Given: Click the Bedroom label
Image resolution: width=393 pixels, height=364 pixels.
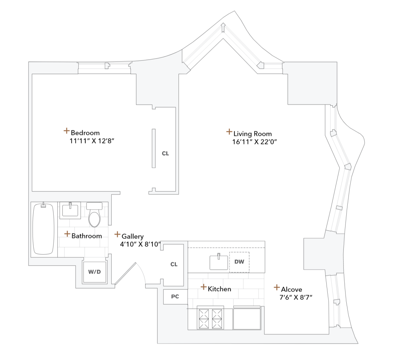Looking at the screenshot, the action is (x=85, y=133).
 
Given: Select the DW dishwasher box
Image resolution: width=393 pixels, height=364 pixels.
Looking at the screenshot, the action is (x=239, y=262).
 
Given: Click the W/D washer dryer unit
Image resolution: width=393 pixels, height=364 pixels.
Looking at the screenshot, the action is (x=95, y=272).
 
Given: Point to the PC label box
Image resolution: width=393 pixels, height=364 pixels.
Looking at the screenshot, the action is (x=175, y=296).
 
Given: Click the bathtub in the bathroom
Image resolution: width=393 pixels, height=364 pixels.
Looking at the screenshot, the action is (x=43, y=229).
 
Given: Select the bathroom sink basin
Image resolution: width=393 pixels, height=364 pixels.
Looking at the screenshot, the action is (x=69, y=210).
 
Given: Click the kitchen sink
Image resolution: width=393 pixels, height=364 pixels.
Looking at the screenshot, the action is (x=218, y=262).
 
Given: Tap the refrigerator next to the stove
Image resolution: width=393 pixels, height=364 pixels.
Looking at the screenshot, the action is (x=247, y=318).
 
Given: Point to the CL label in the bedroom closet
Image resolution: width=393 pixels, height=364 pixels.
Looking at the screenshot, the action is (x=165, y=154).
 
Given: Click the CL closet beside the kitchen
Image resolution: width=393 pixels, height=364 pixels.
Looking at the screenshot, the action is (x=174, y=264).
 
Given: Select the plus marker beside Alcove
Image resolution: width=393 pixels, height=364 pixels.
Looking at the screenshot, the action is (x=277, y=288).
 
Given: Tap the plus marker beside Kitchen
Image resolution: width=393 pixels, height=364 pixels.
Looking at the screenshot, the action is (x=204, y=287).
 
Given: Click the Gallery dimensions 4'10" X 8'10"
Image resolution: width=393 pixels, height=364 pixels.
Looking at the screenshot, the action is (x=140, y=245).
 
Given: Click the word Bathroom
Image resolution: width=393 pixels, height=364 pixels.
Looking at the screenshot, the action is (x=86, y=236).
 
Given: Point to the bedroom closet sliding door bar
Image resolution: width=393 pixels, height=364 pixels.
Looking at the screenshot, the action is (x=154, y=148).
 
